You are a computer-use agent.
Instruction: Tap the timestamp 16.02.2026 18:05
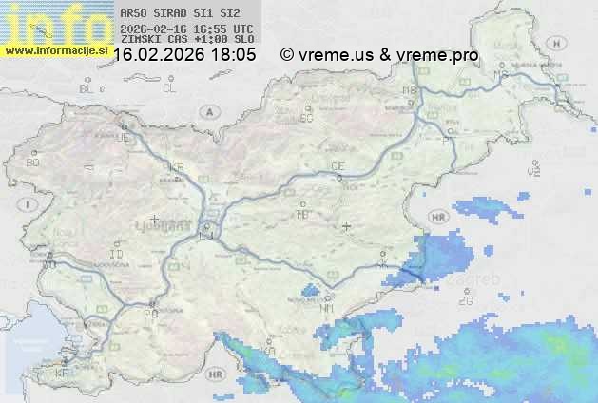pos(184,55)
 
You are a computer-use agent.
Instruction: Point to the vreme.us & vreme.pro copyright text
pos(379,55)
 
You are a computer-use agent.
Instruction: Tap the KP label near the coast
pos(63,374)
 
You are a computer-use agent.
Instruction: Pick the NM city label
pos(328,308)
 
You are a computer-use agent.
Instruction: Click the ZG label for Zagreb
pos(465,301)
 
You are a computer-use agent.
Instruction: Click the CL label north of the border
pos(169,88)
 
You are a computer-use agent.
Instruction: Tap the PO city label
pos(149,313)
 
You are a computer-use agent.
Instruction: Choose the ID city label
pos(117,255)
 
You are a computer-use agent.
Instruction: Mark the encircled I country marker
pos(29,204)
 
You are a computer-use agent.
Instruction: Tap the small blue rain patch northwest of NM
pos(310,292)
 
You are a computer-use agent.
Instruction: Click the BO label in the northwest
pos(33,163)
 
